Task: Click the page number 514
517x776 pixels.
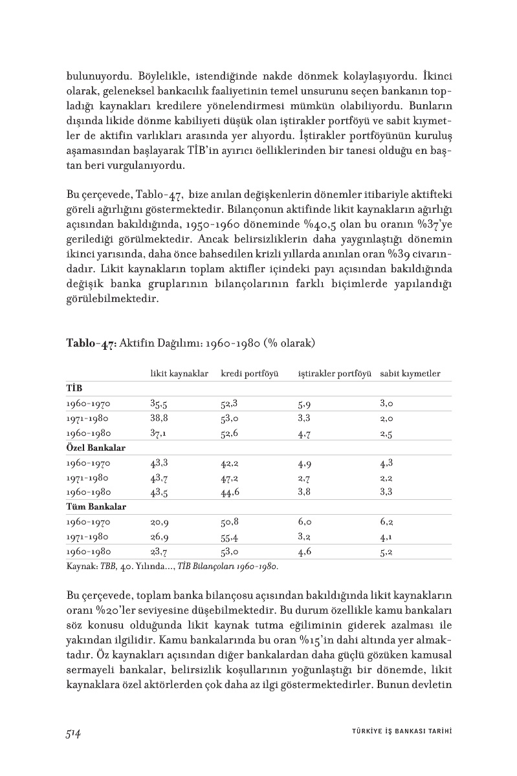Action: click(x=72, y=733)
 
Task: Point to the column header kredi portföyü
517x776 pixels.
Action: click(x=249, y=374)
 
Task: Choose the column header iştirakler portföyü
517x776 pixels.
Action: click(x=334, y=374)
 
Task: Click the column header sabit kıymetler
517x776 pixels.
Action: click(x=410, y=374)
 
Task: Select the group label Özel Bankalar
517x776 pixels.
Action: click(x=96, y=447)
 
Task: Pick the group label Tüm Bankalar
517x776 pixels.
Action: click(x=96, y=506)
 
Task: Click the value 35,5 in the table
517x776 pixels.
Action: click(x=159, y=404)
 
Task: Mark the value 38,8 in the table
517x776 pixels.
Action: click(x=159, y=418)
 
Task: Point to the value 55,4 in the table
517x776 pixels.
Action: click(x=230, y=537)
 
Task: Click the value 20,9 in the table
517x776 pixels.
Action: click(x=159, y=522)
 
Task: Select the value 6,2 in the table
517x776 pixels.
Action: click(x=387, y=522)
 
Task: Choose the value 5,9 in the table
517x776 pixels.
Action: click(x=305, y=404)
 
